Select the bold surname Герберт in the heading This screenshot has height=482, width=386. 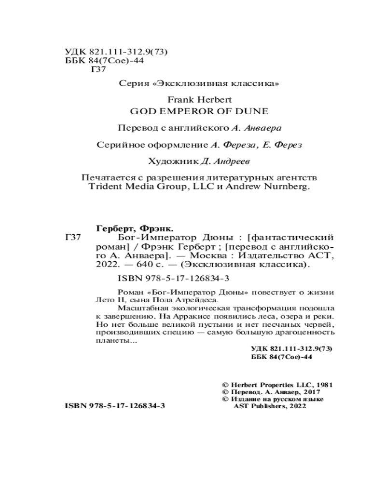(110, 228)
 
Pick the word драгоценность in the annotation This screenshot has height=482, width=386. (308, 333)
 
